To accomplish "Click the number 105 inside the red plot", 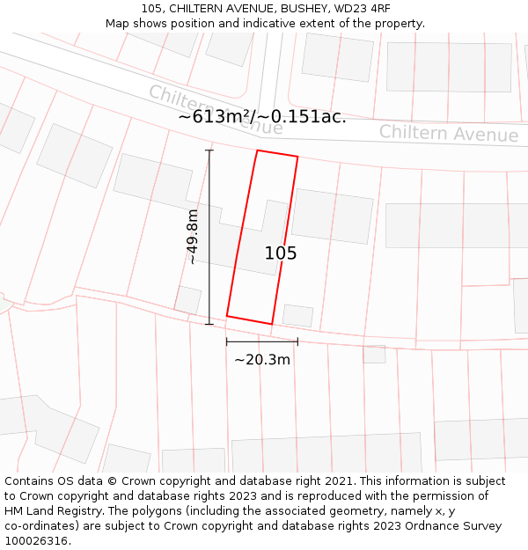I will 281,253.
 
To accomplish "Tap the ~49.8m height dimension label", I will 192,237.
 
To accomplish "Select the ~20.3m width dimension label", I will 262,359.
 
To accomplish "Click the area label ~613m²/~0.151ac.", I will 262,117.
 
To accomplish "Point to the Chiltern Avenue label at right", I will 449,134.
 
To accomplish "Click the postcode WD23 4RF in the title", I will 361,8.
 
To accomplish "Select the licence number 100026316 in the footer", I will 35,540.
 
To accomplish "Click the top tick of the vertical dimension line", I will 209,150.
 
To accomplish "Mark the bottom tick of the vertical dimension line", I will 209,324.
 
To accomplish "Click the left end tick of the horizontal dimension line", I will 227,341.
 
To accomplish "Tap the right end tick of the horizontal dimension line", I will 297,341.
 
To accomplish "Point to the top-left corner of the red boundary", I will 257,150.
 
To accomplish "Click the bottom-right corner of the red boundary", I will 272,324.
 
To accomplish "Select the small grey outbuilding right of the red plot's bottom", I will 297,315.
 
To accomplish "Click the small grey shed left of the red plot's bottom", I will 187,299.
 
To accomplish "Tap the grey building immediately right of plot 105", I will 333,216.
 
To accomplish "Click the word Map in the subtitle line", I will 118,23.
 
